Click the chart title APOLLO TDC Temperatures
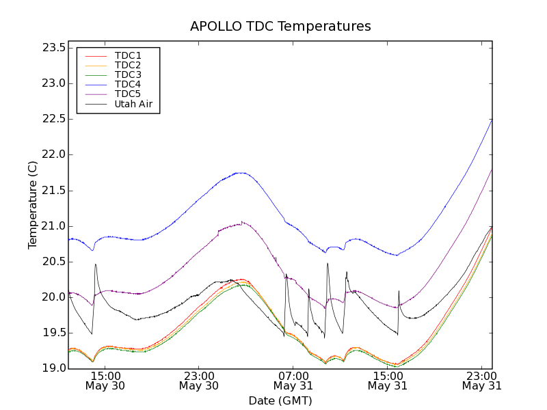(x=280, y=27)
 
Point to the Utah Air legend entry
(x=133, y=104)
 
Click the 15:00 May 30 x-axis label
(x=105, y=381)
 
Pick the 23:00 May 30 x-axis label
(x=199, y=381)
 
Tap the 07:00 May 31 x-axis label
(x=293, y=381)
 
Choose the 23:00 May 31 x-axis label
(x=481, y=381)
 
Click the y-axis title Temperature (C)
(x=33, y=205)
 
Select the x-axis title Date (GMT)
(x=280, y=400)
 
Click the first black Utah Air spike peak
(x=96, y=264)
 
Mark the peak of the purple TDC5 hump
(x=241, y=222)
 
